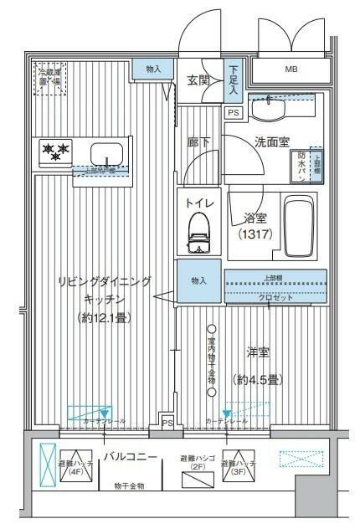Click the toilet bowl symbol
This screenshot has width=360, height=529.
coord(198,229)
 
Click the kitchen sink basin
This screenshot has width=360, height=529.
coord(107,155)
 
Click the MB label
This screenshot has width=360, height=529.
coord(291,69)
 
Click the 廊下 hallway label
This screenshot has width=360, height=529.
coord(198,141)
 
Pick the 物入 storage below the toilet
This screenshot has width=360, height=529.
coord(198,281)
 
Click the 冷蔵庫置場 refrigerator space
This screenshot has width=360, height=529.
coord(49,78)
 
